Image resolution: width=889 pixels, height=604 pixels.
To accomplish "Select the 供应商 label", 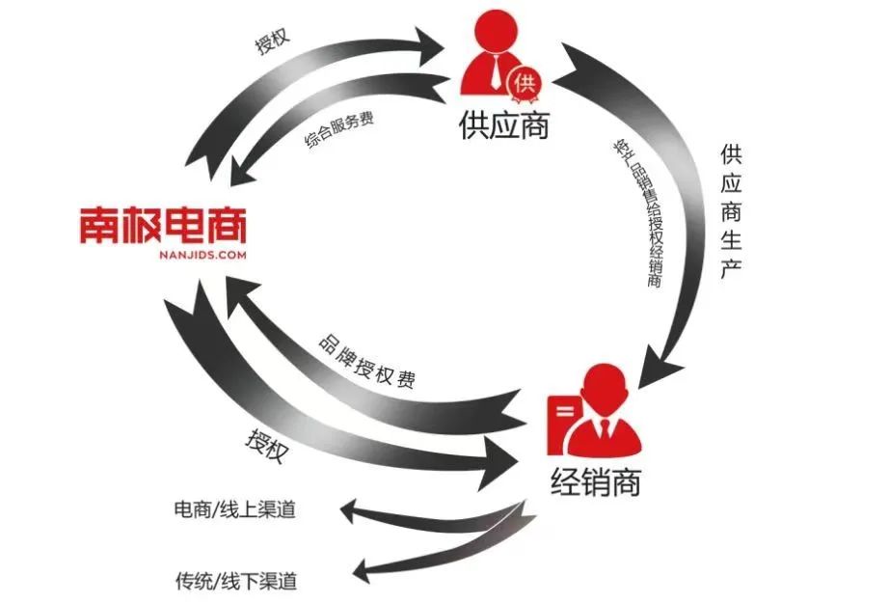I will [x=503, y=125].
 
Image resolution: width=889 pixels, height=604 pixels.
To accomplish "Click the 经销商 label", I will [x=598, y=480].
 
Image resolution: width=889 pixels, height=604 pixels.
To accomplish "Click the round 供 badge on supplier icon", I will [x=525, y=82].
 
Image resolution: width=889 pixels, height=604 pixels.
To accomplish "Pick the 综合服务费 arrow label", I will [x=339, y=127].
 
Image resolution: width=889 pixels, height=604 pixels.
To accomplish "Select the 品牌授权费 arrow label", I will [x=367, y=365].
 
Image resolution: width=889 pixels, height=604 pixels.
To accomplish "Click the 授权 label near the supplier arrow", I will [x=272, y=44].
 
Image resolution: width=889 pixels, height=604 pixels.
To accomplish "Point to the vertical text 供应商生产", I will [x=730, y=213].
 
